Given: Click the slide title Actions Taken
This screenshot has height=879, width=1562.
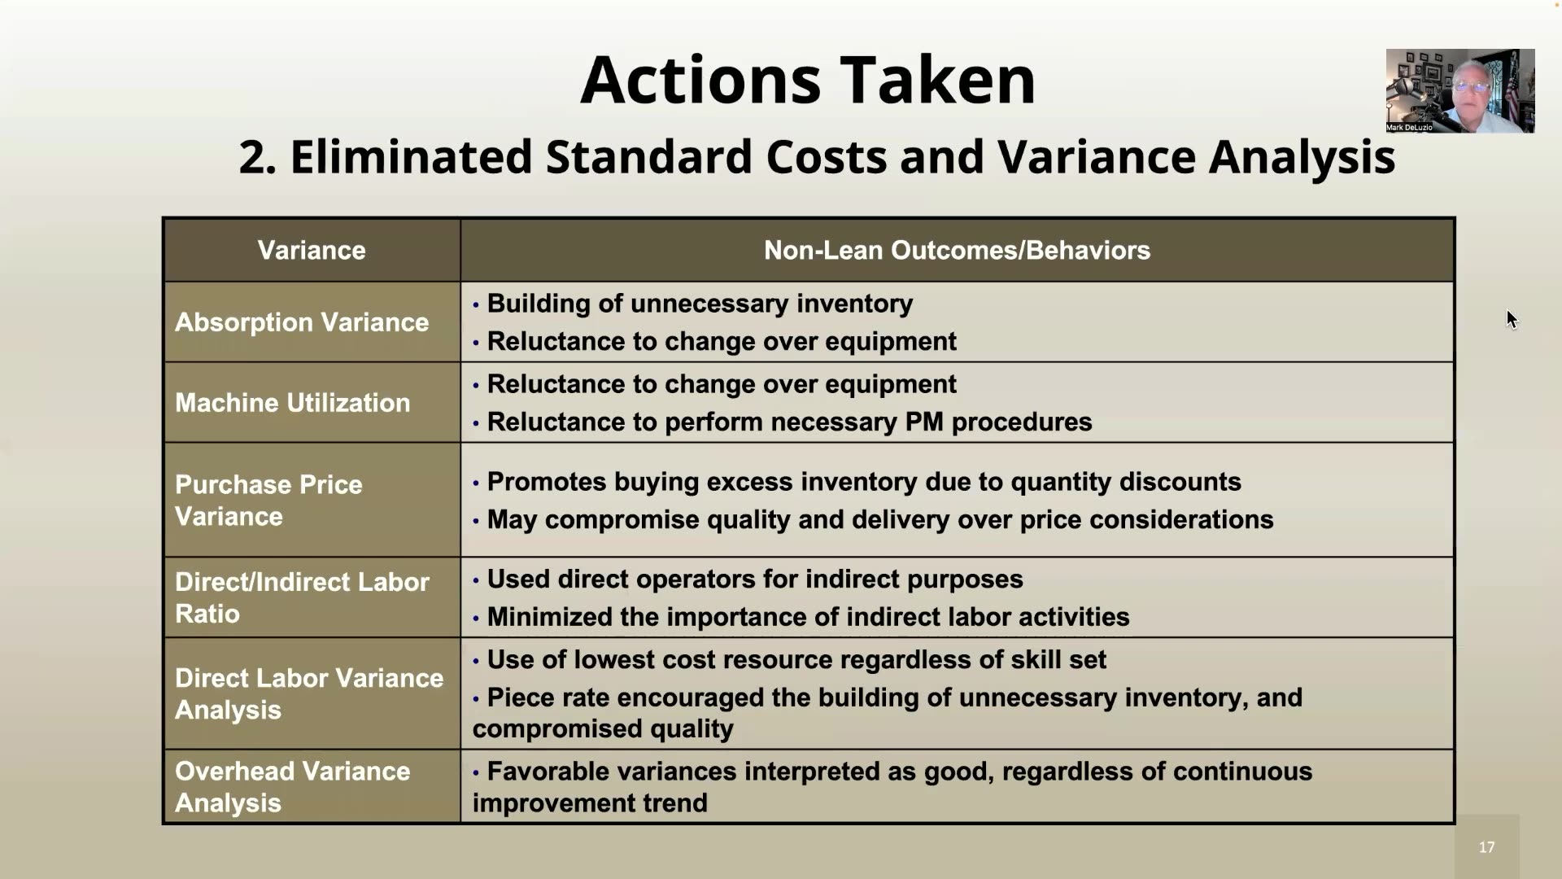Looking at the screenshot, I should (807, 80).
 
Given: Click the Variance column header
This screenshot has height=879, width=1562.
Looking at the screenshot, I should (312, 250).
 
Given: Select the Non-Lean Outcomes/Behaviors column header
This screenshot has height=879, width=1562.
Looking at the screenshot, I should (957, 250).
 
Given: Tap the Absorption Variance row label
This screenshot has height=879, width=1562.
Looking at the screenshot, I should (302, 322).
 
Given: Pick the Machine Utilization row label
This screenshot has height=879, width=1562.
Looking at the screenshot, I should (293, 403).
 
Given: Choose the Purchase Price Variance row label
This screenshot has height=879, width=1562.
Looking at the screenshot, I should (268, 500).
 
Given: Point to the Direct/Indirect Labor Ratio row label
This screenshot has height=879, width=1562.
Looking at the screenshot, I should (302, 597).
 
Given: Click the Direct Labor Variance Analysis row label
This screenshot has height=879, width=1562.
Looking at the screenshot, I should (309, 693).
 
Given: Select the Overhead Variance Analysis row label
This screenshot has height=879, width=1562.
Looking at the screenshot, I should (293, 786).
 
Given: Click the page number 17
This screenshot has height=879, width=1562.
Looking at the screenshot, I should (1486, 847).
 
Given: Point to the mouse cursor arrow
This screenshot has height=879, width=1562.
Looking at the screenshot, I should (1511, 318).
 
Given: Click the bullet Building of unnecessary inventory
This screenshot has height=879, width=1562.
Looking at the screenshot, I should (700, 304).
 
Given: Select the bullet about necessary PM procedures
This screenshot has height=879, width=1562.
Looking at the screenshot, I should (789, 422).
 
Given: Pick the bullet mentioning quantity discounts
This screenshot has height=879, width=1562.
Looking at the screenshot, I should (863, 482).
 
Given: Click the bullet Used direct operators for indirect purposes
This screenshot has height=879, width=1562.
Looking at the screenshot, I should (754, 579).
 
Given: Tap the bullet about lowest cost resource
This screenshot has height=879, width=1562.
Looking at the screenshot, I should (796, 659).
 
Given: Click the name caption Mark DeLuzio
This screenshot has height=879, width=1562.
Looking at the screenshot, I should (1410, 128).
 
